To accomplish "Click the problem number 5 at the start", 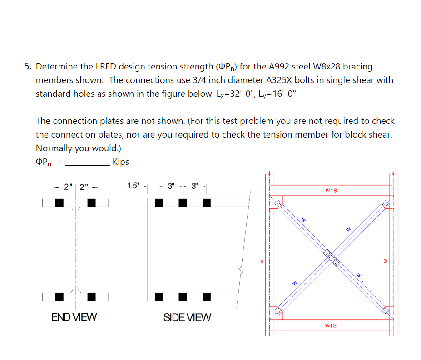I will tap(27, 67).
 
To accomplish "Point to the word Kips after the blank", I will tap(121, 162).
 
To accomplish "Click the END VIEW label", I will tap(74, 317).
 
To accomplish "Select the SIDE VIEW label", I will tap(187, 317).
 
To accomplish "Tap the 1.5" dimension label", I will tap(134, 186).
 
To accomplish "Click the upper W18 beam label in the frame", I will tap(331, 191).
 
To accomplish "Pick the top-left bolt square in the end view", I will tap(59, 203).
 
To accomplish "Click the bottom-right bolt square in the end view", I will tap(91, 296).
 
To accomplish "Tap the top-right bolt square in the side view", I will tap(207, 203).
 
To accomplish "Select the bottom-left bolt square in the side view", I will tap(159, 296).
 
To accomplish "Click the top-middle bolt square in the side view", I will tap(183, 203).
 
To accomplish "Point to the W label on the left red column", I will tap(261, 261).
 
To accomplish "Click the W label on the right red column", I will tap(386, 261).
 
